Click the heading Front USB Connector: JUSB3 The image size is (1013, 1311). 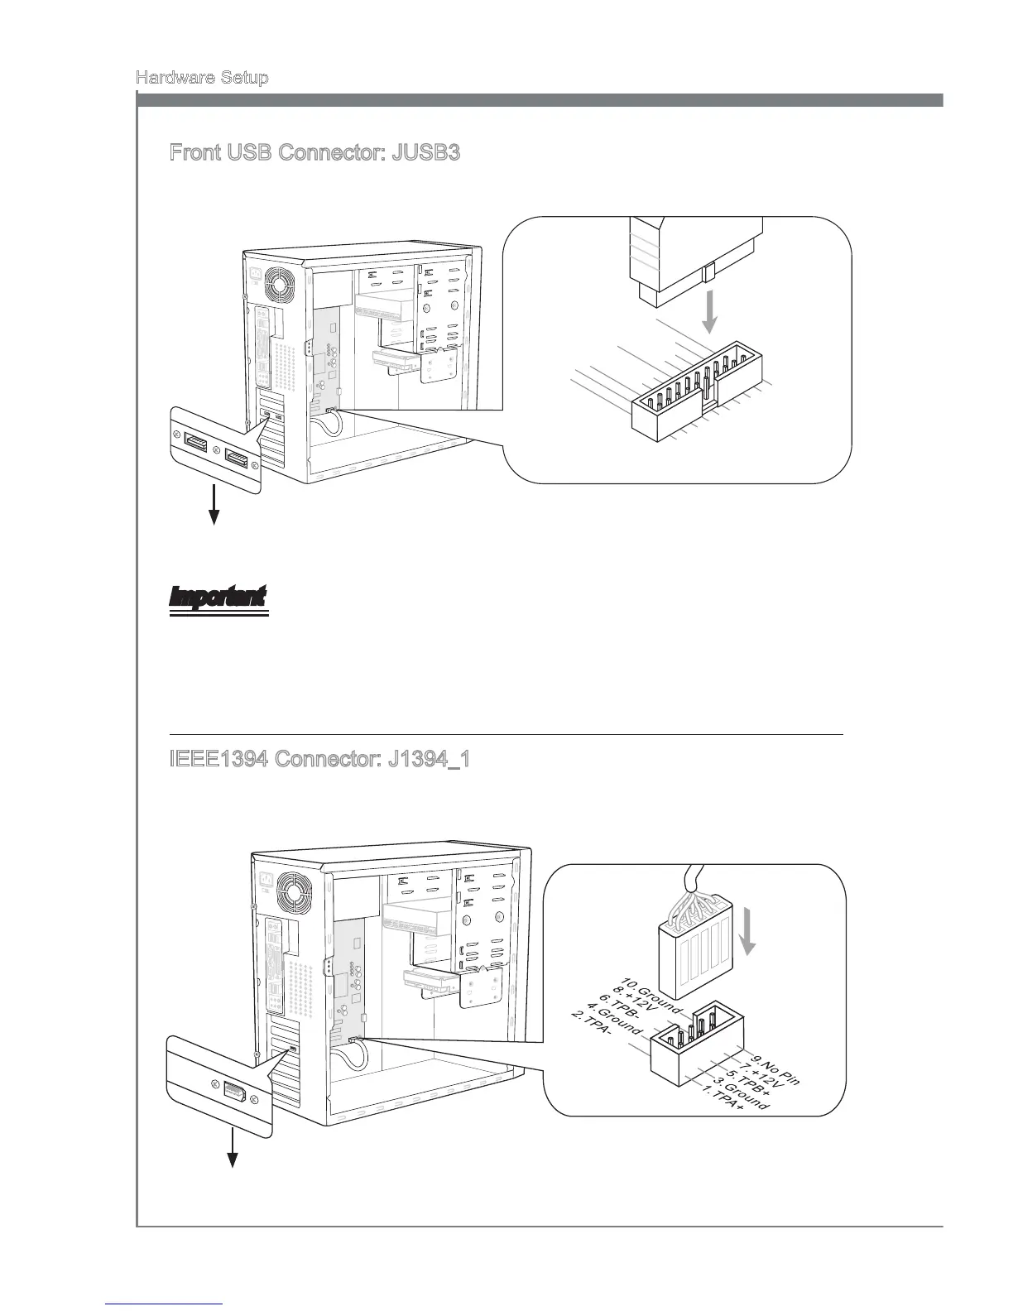point(314,153)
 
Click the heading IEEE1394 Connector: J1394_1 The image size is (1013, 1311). point(320,759)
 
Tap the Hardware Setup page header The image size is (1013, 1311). point(201,78)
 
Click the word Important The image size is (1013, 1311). point(218,597)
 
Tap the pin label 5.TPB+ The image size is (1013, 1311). point(747,1087)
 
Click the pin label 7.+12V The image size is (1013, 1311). point(760,1078)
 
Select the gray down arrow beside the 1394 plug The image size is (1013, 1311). point(749,932)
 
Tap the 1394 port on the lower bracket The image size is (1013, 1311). point(233,1094)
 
